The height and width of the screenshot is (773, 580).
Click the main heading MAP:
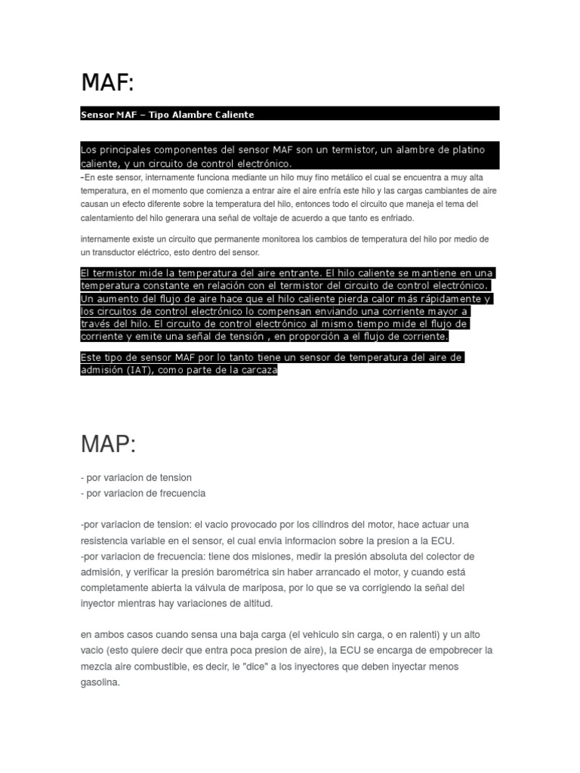(108, 445)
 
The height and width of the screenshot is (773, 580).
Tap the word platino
(466, 149)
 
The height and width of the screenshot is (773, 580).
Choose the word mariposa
(275, 587)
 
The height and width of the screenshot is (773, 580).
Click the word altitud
(248, 603)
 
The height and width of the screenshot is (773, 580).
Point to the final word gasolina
(100, 682)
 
